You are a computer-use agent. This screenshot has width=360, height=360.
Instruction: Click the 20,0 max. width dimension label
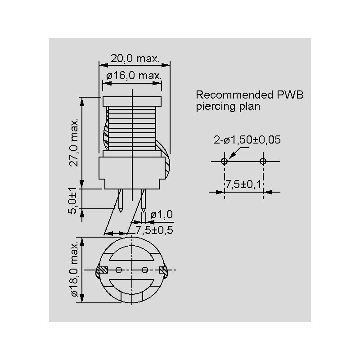[x=135, y=58]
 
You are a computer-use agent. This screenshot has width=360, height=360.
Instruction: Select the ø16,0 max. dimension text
[x=134, y=76]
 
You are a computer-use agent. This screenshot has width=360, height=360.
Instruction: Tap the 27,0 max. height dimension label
[x=74, y=142]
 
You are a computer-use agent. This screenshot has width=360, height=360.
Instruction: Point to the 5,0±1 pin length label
[x=72, y=201]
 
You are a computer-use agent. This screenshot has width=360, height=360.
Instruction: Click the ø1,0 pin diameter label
[x=162, y=215]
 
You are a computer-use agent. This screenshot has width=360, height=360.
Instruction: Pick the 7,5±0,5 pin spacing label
[x=154, y=230]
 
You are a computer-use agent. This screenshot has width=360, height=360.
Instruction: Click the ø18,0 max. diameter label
[x=75, y=269]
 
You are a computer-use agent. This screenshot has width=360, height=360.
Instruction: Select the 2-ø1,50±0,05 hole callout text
[x=247, y=140]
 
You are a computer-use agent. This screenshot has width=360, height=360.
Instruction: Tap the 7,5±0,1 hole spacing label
[x=243, y=184]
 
